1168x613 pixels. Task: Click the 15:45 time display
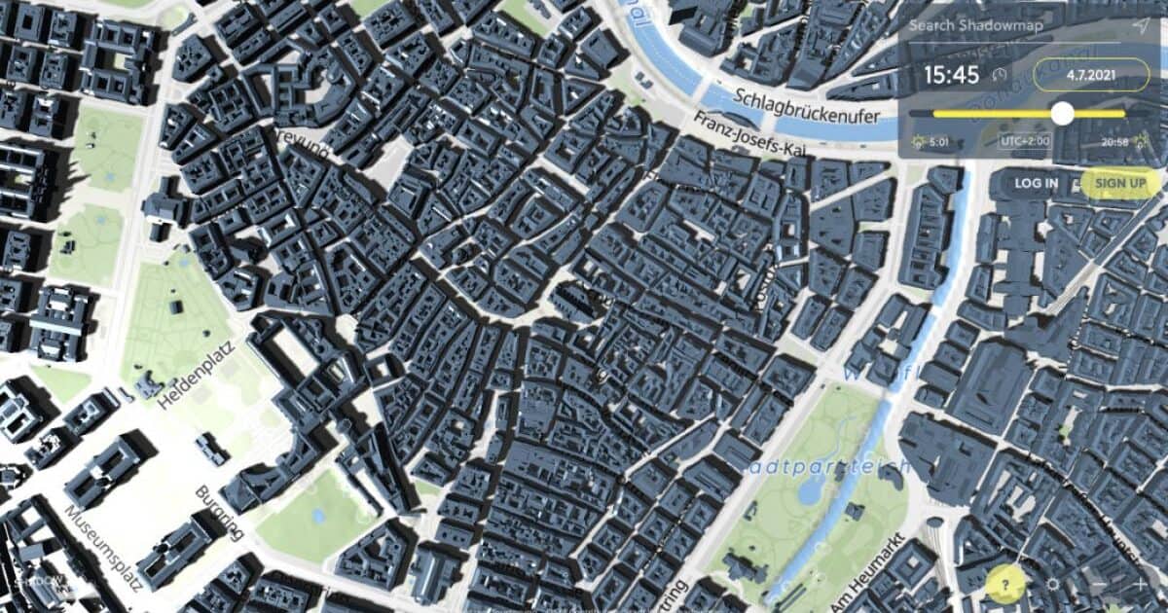click(951, 75)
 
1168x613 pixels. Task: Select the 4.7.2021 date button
click(1091, 75)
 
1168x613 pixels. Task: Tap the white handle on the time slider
click(1062, 114)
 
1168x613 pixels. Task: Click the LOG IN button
click(1036, 183)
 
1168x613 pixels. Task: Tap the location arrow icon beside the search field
click(1140, 26)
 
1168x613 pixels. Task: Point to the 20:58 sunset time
click(1114, 142)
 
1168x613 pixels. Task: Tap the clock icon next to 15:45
click(999, 75)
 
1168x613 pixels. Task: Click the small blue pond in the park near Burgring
click(316, 514)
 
